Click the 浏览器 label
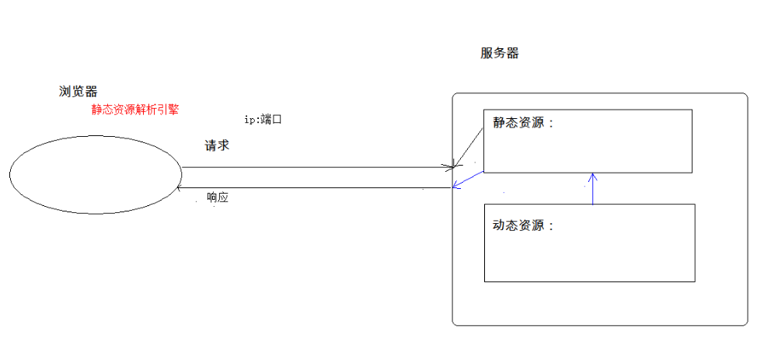point(78,92)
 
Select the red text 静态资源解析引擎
point(135,110)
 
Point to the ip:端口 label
point(262,119)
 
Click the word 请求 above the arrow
point(217,145)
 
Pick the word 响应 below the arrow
point(218,197)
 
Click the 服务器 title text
point(500,54)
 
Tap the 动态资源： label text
point(524,225)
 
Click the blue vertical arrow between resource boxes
point(593,189)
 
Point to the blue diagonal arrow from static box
point(469,180)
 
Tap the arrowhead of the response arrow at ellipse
point(180,187)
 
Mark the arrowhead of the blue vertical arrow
point(593,175)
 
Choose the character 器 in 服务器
point(512,54)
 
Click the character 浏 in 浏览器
point(65,92)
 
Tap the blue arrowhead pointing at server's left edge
point(456,187)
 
